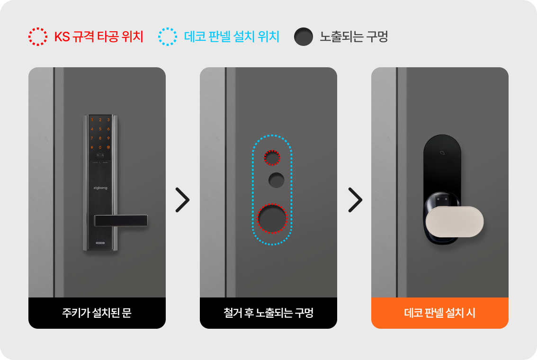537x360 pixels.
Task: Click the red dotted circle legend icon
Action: point(38,29)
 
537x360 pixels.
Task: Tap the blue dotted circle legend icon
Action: point(168,29)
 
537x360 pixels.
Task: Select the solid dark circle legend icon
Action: point(304,36)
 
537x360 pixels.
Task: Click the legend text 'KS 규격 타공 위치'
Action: point(98,36)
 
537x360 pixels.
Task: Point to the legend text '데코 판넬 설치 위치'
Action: point(232,36)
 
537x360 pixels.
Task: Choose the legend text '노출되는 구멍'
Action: point(354,36)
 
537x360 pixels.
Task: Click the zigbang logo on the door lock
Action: point(100,188)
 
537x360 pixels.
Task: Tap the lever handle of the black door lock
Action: point(121,221)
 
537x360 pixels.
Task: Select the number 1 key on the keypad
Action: point(92,120)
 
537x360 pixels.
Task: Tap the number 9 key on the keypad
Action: point(108,138)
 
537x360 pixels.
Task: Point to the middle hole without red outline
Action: point(277,180)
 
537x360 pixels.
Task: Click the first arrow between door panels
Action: point(182,200)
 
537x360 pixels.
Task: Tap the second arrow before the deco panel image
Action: point(355,200)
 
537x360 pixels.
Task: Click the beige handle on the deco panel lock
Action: point(455,222)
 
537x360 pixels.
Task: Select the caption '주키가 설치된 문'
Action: point(97,313)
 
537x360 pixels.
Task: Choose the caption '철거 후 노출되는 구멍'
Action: point(268,313)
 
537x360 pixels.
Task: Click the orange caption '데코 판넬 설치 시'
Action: point(440,313)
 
